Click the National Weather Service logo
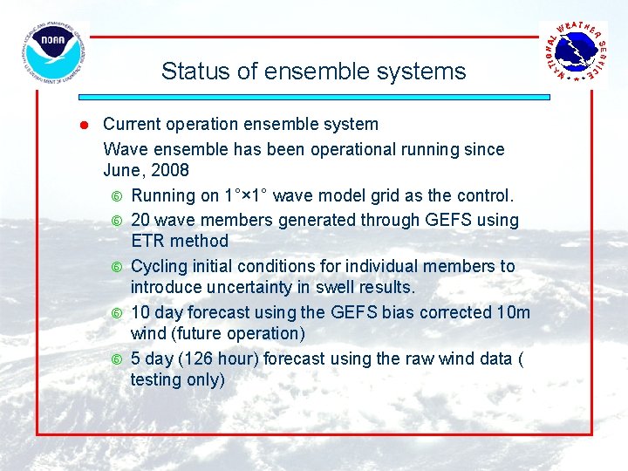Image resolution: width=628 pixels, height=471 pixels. pos(573,53)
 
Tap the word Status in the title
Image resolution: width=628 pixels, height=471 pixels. pos(189,72)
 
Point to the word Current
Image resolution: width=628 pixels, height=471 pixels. pos(132,125)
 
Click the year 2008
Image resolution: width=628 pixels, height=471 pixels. pos(171,170)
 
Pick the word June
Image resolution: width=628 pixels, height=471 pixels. pos(123,170)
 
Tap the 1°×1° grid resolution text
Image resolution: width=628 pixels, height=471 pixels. pos(255,195)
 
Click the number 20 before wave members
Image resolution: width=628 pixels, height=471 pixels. pos(140,220)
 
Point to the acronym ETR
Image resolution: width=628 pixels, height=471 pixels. pos(148,242)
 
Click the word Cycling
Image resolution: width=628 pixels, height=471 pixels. pos(160,266)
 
